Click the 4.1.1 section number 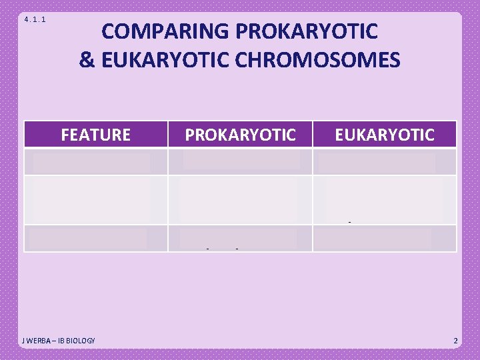35,19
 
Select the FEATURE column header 95,135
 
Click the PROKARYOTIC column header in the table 240,135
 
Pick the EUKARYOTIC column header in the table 385,135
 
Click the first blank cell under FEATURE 95,162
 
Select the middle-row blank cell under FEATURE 95,199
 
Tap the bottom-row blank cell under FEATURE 95,238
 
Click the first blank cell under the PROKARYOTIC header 240,162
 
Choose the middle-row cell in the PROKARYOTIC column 240,199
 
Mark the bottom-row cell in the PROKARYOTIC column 240,238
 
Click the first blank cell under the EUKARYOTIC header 385,162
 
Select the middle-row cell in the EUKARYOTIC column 385,199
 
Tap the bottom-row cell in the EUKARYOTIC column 385,238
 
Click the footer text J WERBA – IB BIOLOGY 59,341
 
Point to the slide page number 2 455,341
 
